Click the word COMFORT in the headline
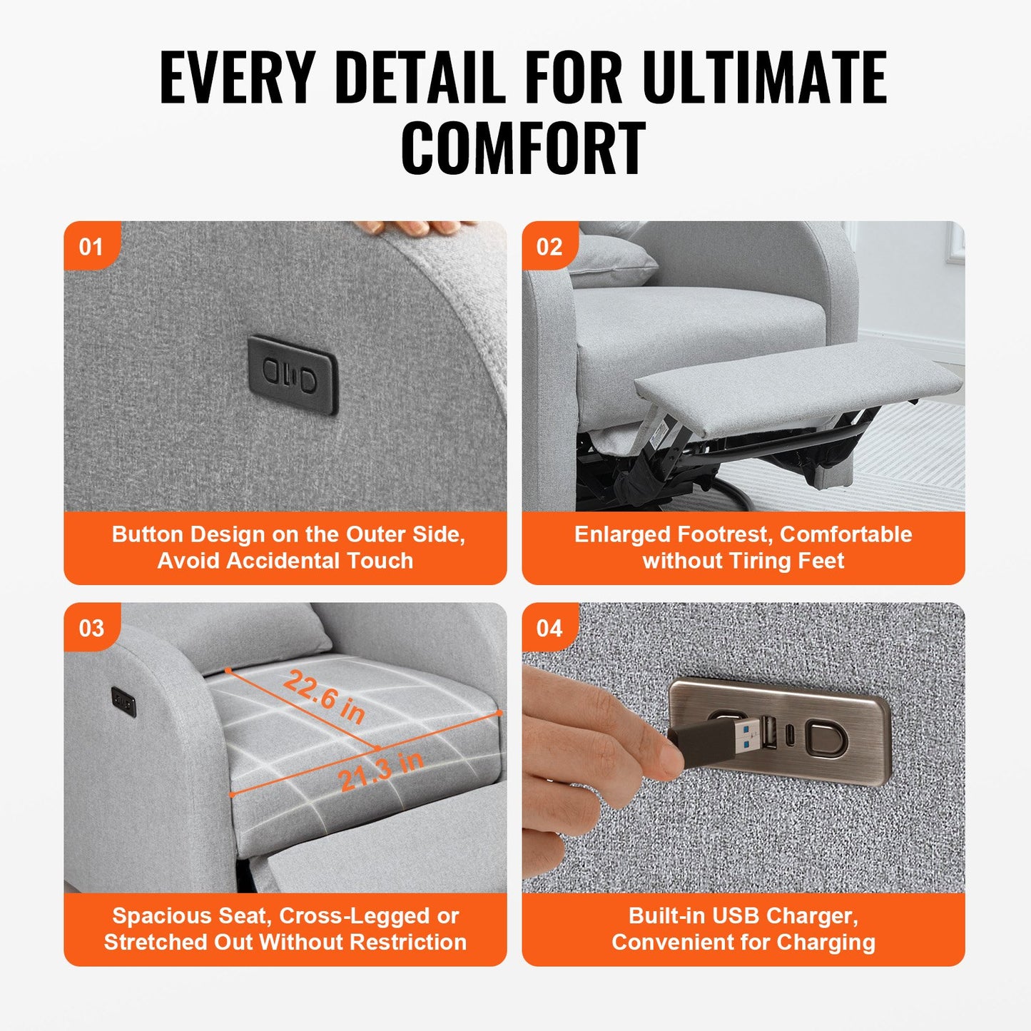tap(522, 148)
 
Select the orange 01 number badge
tap(91, 247)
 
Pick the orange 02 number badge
tap(549, 247)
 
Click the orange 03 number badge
tap(91, 628)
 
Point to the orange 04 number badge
tap(549, 628)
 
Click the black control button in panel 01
tap(292, 374)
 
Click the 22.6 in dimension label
tap(325, 696)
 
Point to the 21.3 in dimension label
tap(381, 771)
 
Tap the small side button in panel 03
tap(123, 701)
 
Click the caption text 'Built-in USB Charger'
tap(743, 915)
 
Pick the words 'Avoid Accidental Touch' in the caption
tap(285, 561)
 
